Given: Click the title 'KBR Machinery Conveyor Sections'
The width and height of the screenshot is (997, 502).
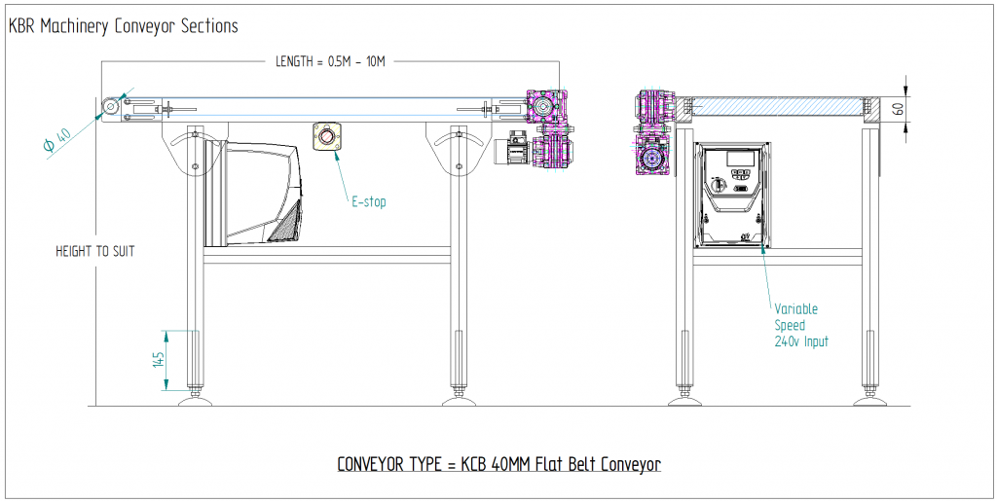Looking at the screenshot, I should (x=124, y=26).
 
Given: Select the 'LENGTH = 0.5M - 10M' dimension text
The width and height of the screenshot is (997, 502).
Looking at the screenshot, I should (x=332, y=61).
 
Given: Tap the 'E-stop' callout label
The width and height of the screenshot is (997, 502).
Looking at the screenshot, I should (x=369, y=202).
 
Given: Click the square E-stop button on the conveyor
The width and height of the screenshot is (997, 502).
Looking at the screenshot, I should (x=326, y=137).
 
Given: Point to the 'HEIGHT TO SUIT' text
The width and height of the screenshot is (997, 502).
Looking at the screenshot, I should (x=94, y=251).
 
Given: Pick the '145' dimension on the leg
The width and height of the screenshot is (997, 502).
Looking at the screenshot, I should (x=157, y=360).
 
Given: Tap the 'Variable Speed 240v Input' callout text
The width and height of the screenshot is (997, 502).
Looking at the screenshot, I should (x=800, y=325).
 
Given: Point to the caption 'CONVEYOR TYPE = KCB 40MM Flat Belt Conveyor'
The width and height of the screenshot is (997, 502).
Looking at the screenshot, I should (x=499, y=464).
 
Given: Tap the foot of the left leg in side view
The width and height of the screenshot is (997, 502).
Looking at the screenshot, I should (x=196, y=400).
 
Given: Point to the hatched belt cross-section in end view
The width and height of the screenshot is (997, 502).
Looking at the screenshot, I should (x=778, y=106).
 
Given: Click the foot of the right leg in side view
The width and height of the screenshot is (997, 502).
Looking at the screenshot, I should (x=455, y=400).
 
